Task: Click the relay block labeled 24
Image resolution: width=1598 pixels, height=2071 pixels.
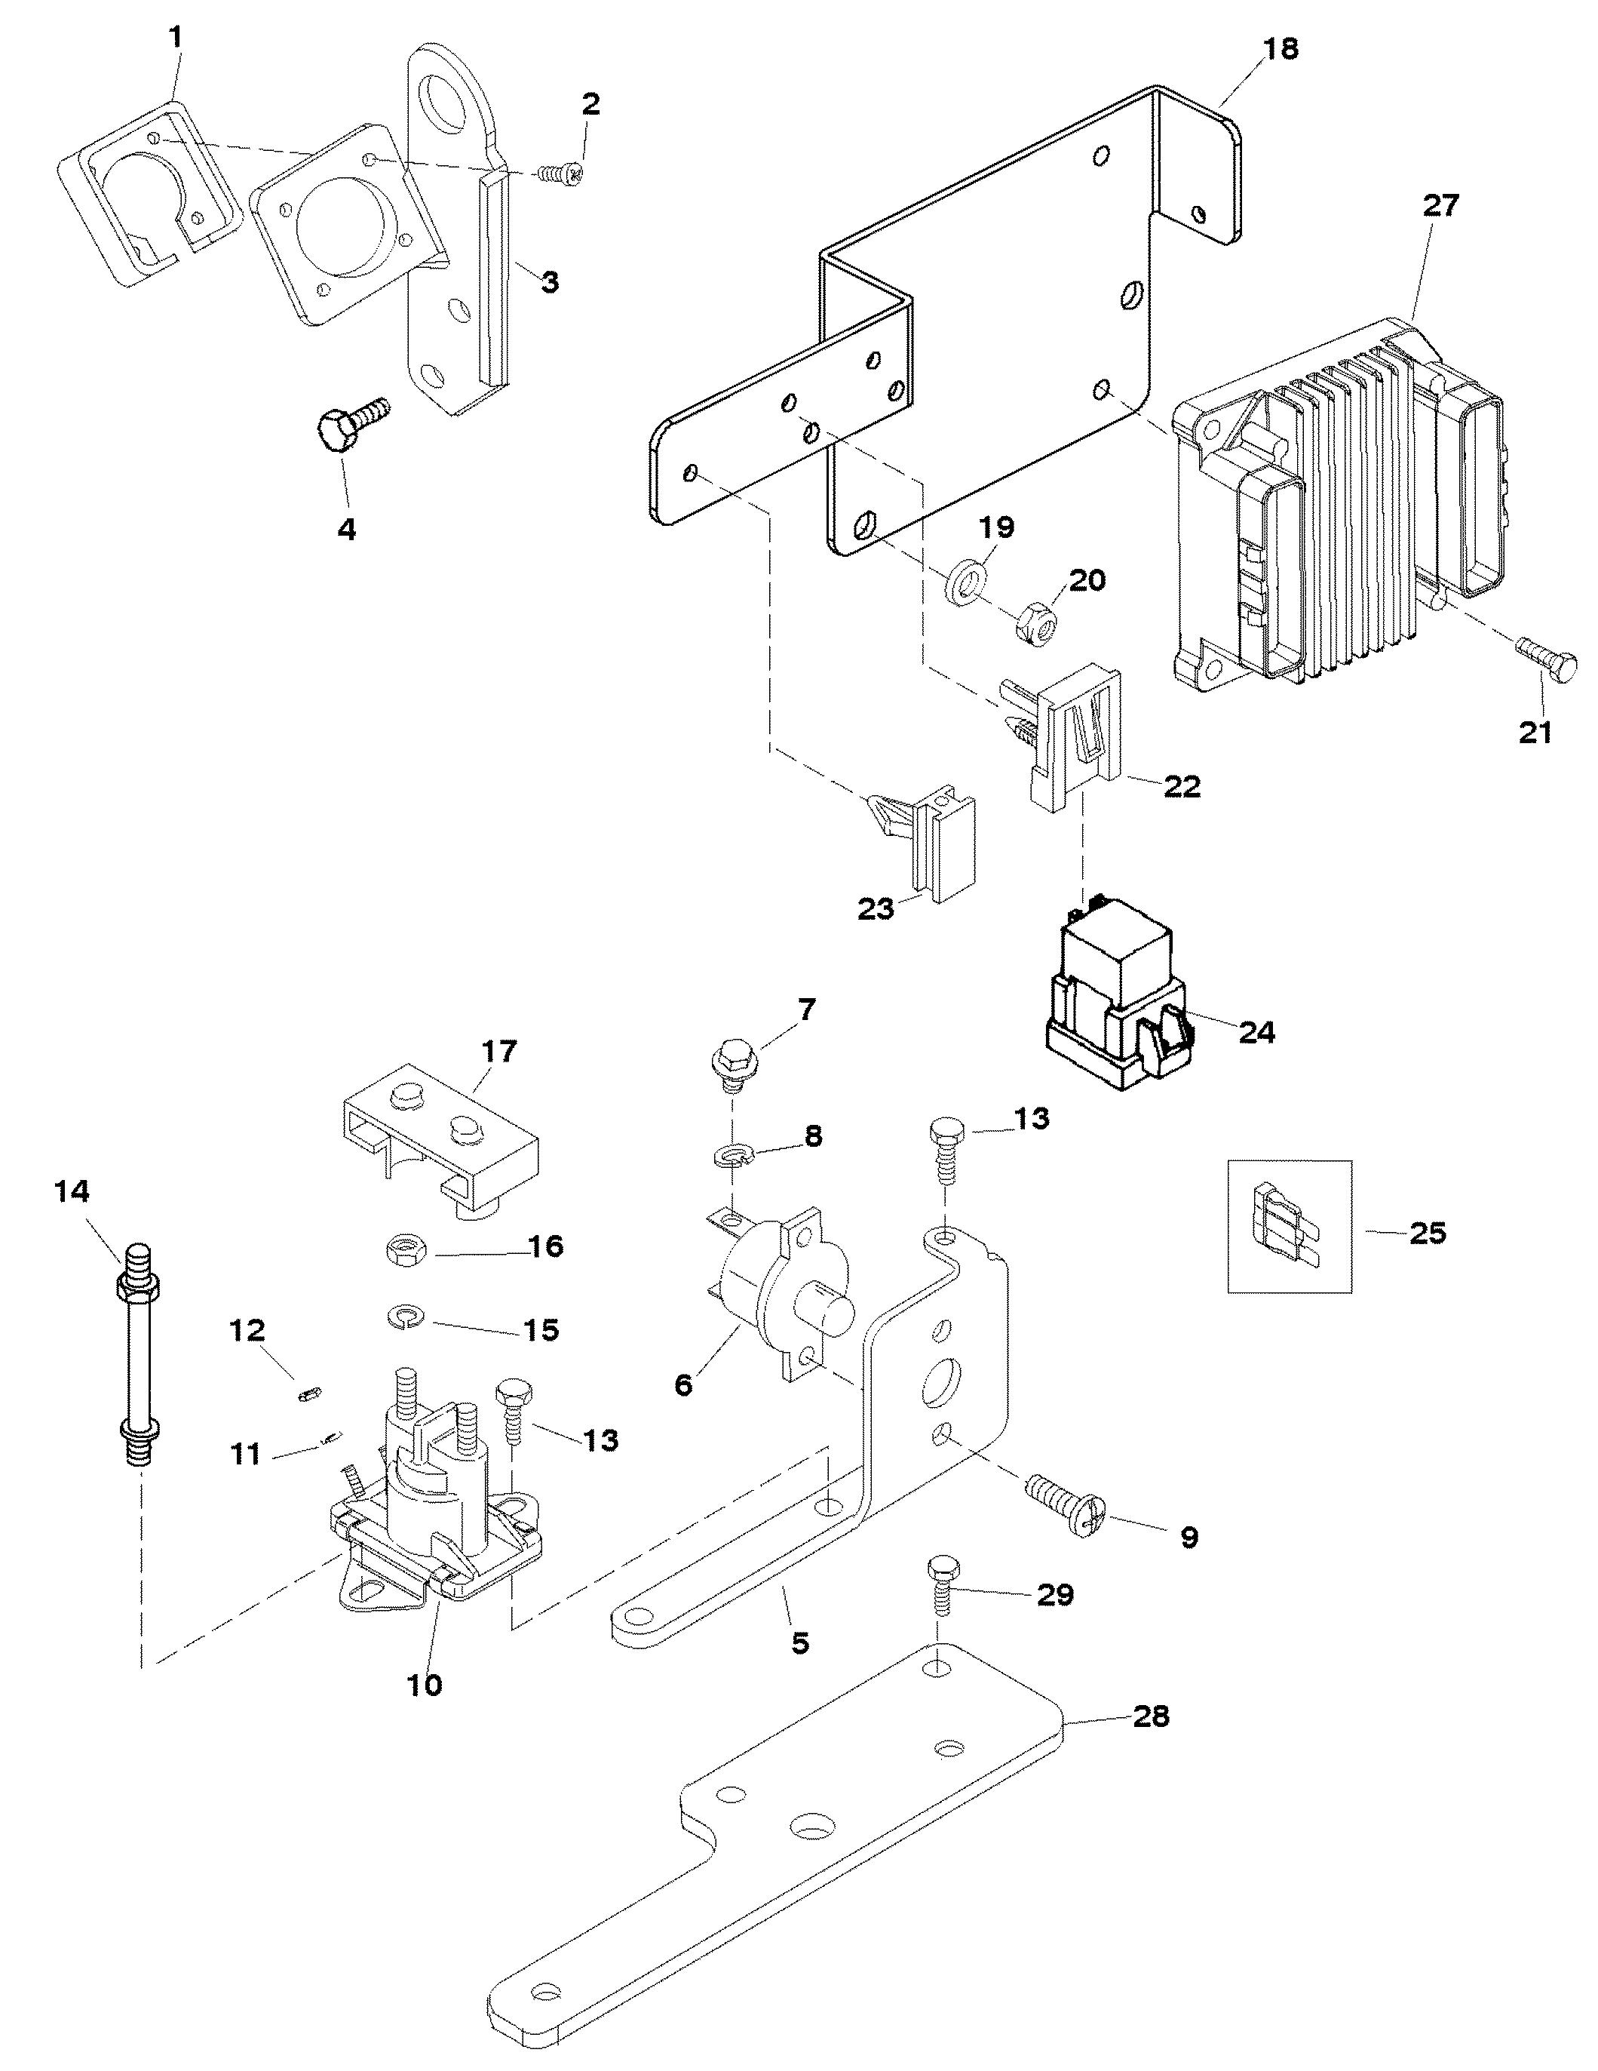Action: pyautogui.click(x=1118, y=1009)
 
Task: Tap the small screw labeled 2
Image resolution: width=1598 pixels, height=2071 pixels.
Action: pyautogui.click(x=560, y=174)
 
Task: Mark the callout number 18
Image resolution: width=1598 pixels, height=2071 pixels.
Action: pyautogui.click(x=1281, y=48)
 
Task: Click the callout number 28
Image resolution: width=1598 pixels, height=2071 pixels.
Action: pyautogui.click(x=1151, y=1716)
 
